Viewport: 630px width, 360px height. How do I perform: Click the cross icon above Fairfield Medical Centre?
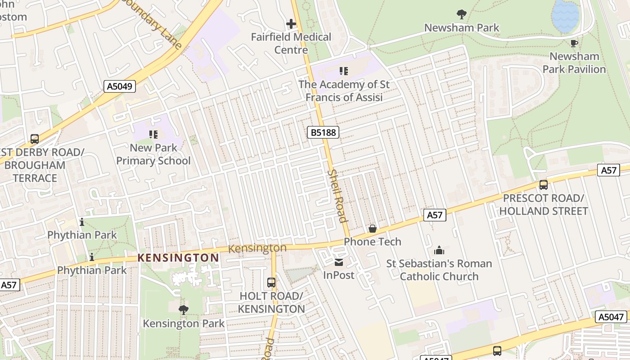pos(291,23)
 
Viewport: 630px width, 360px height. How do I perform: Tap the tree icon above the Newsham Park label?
pos(461,14)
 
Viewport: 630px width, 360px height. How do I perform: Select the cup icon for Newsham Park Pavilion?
pos(574,43)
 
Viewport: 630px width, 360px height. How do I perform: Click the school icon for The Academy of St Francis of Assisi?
pos(344,71)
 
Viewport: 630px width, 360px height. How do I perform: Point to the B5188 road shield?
pos(323,132)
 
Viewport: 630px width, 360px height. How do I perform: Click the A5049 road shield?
pos(120,86)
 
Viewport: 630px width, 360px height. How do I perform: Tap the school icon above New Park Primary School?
pos(153,134)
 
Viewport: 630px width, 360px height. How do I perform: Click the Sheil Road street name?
pos(337,196)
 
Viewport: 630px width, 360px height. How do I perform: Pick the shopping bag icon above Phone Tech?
pos(372,229)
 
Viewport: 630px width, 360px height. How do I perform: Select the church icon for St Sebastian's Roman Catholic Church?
pos(439,250)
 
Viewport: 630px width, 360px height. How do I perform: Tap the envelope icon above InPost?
pos(338,262)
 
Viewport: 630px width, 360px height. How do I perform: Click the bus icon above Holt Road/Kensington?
pos(271,283)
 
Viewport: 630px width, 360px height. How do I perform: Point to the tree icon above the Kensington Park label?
pos(183,310)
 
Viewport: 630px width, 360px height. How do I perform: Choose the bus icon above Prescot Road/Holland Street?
pos(543,184)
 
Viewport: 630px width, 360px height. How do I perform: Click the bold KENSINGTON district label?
pos(178,258)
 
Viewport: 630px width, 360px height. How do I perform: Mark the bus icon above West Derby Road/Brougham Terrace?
pos(35,139)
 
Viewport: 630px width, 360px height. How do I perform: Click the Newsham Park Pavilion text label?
pos(574,63)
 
